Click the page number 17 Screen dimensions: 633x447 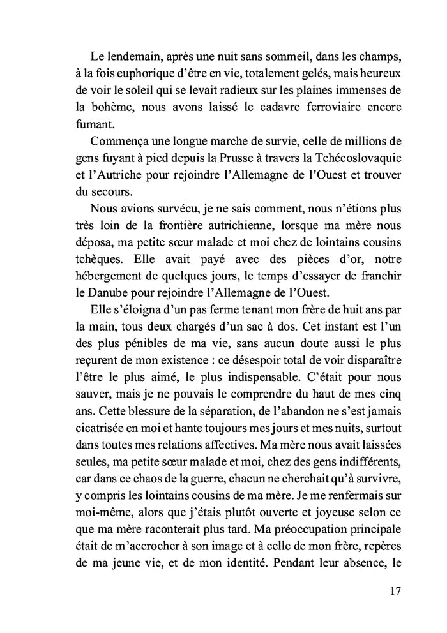click(394, 590)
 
